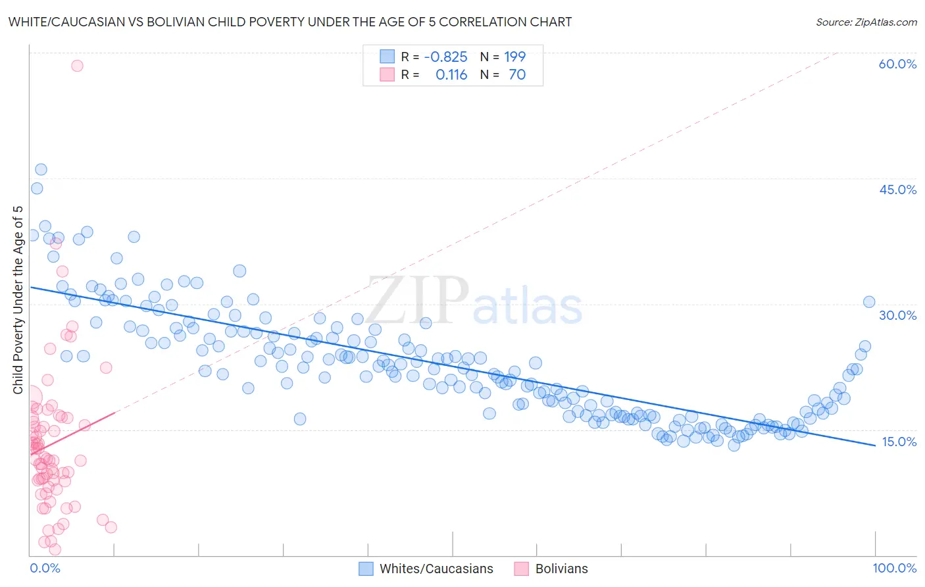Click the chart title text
click(x=290, y=22)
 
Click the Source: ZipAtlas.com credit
click(x=866, y=22)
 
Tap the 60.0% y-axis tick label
click(x=897, y=64)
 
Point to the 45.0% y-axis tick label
click(x=897, y=190)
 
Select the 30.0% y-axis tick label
click(x=897, y=315)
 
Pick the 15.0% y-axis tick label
click(x=899, y=442)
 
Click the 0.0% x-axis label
click(x=45, y=568)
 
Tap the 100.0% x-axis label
click(x=895, y=568)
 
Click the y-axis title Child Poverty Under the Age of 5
click(x=18, y=300)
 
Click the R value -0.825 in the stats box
click(x=445, y=57)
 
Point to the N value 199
click(x=514, y=57)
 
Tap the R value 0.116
click(x=451, y=75)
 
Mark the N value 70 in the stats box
click(x=517, y=75)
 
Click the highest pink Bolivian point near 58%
click(x=77, y=66)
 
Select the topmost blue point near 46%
click(x=41, y=169)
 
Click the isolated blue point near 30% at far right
click(x=869, y=302)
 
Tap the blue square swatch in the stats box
click(x=387, y=57)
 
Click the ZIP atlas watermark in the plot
click(x=474, y=302)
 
